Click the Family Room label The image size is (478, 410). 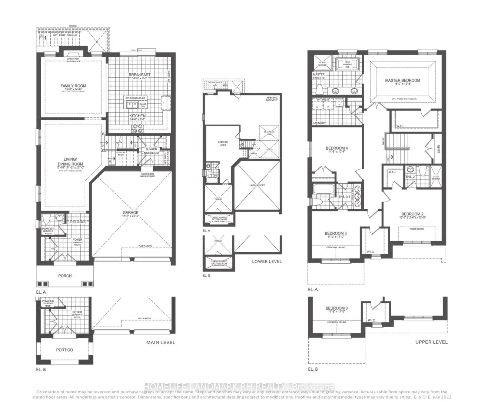tap(73, 86)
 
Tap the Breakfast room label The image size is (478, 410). tap(140, 75)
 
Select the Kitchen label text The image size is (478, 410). tap(137, 116)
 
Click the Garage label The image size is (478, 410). tap(130, 213)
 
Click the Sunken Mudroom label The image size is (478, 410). tap(151, 151)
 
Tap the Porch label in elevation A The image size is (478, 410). tap(65, 276)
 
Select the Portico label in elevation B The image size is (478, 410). tap(64, 350)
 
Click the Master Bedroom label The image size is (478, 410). tap(402, 80)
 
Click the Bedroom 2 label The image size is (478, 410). tap(412, 214)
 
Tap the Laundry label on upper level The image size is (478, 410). tap(319, 123)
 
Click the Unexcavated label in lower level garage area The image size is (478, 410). tap(257, 185)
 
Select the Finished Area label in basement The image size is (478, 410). tap(223, 143)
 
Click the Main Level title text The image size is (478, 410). tap(160, 342)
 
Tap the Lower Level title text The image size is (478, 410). tap(267, 261)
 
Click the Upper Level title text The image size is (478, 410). tap(431, 342)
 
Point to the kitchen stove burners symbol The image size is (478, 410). tap(138, 128)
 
